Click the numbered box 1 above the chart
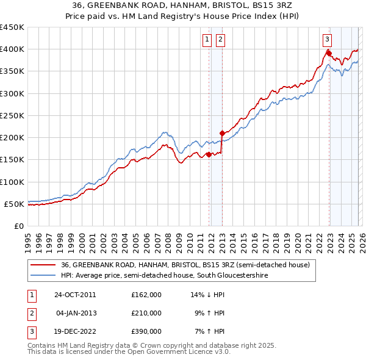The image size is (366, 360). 207,40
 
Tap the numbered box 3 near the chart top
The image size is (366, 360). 328,40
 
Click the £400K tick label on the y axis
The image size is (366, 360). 12,49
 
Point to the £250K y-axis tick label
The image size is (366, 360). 12,115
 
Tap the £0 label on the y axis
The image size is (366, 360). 19,226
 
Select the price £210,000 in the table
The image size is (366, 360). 146,313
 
